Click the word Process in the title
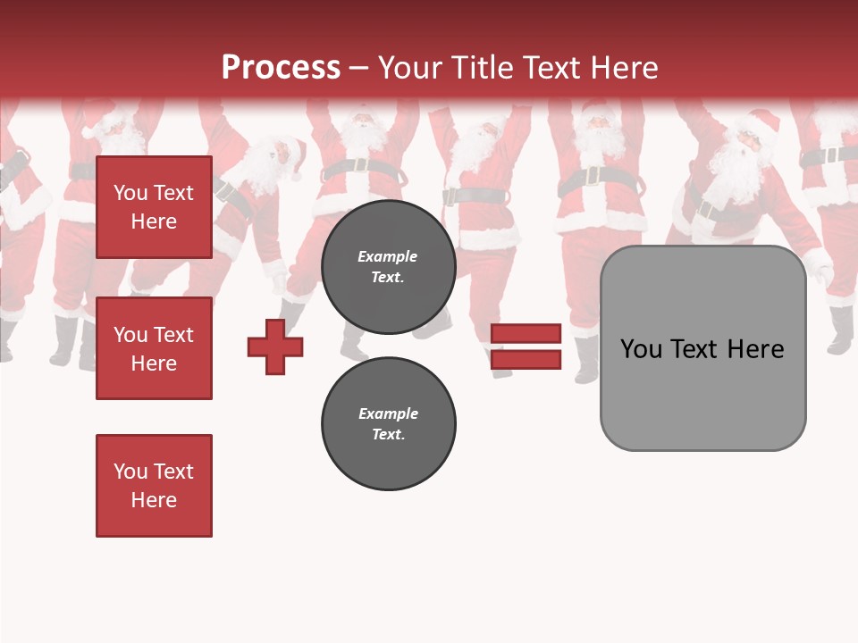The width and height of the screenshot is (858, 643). coord(281,68)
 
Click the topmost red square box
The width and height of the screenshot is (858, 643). coord(154,207)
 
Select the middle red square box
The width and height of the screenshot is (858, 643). coord(154,348)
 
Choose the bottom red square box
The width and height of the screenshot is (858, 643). coord(154,486)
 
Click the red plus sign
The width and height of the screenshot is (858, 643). coord(275,347)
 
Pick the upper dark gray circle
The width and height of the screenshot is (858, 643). coord(389,266)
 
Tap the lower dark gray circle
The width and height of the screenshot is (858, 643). coord(389,423)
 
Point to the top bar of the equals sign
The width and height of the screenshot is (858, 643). coord(526,333)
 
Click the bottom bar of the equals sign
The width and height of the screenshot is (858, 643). coord(526,359)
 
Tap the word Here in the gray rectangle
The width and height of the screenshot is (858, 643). coord(755,349)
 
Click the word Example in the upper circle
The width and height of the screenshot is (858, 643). coord(388,256)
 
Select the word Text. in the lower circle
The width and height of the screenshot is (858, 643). coord(389,435)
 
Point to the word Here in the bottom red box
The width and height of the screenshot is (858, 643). coord(154,500)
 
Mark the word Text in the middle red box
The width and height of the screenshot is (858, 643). coord(173,335)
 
